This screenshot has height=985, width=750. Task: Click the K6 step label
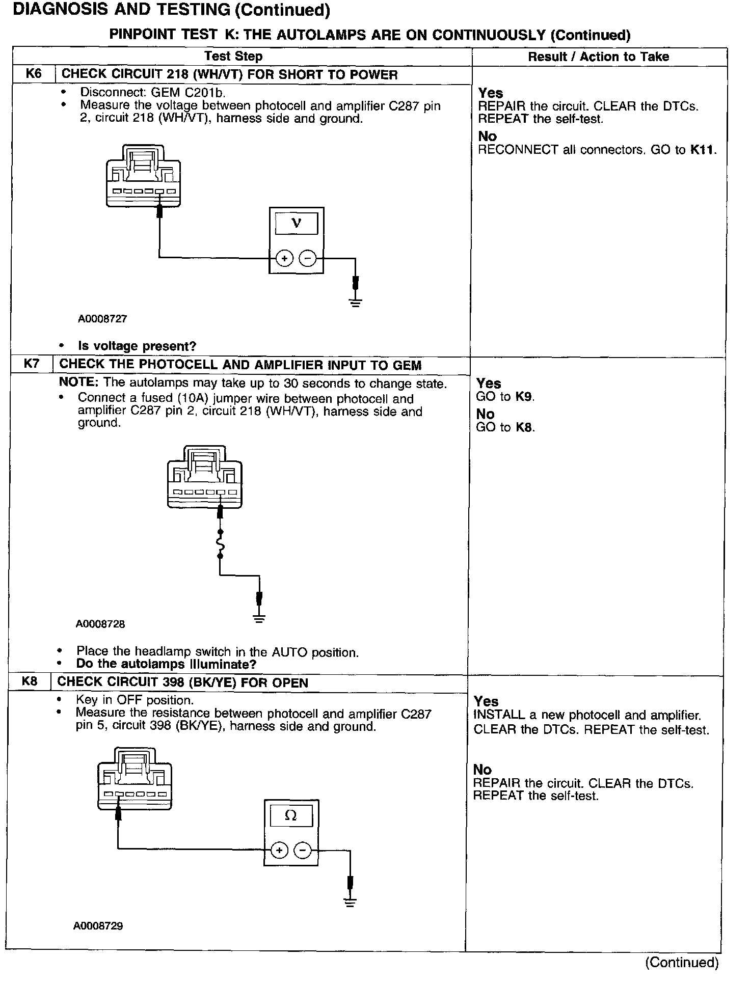click(34, 74)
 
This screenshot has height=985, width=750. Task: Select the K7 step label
click(31, 365)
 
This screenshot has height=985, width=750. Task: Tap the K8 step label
click(30, 682)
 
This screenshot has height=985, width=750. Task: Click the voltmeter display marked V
click(296, 224)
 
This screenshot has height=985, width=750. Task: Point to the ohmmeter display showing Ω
click(291, 816)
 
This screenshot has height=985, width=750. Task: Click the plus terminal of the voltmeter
click(284, 259)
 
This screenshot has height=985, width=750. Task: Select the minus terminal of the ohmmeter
click(303, 850)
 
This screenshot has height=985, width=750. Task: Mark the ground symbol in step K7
click(259, 619)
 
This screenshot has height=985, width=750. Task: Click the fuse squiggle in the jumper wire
click(220, 544)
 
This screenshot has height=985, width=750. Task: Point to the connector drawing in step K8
click(135, 780)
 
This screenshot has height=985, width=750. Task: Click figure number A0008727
click(102, 319)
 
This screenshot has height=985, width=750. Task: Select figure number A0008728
click(100, 624)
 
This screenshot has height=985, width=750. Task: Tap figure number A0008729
click(98, 926)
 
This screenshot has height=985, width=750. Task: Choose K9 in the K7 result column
click(524, 397)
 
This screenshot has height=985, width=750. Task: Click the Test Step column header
click(233, 57)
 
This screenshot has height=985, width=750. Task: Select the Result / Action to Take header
click(598, 57)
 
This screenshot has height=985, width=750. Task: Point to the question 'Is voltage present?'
click(137, 346)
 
